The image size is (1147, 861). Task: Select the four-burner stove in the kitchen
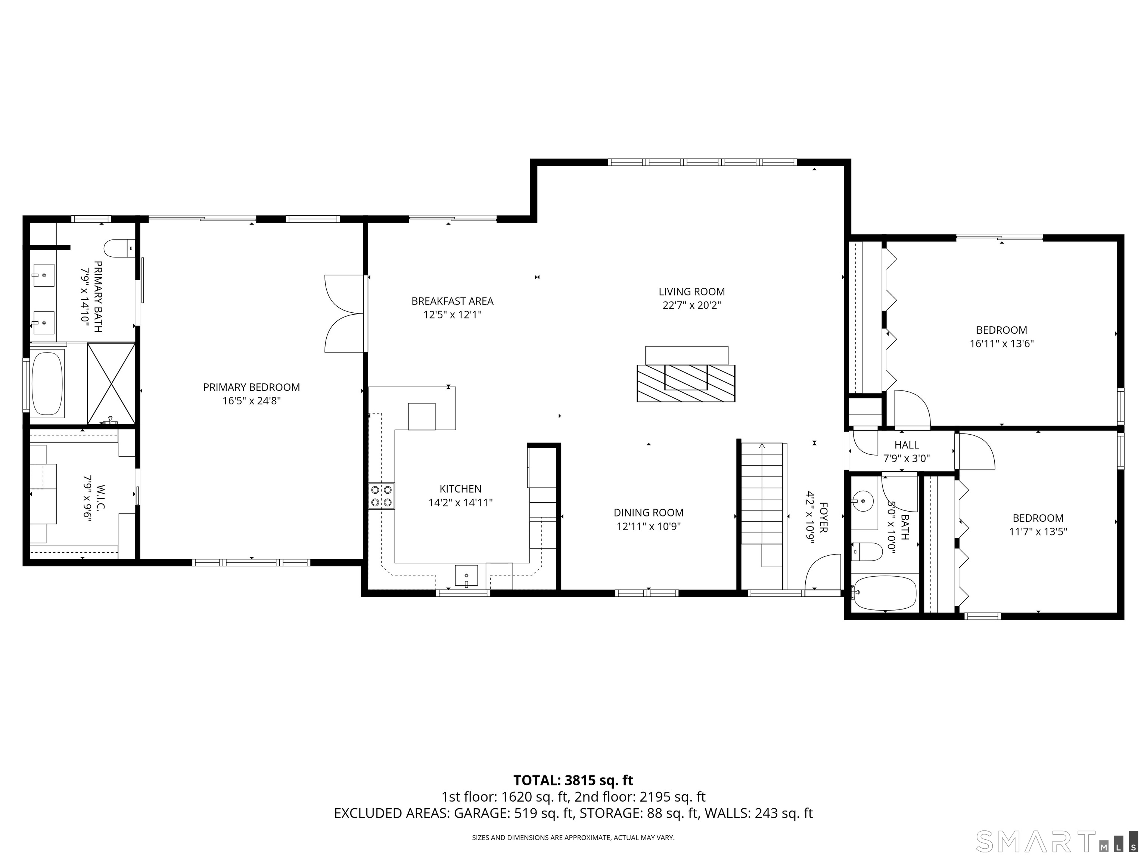382,496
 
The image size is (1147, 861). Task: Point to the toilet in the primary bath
119,248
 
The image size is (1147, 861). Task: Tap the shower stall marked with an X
111,383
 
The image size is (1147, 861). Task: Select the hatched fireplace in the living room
686,383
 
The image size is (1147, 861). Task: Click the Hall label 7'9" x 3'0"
907,451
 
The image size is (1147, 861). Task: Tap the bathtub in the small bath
885,593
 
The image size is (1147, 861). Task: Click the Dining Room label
648,513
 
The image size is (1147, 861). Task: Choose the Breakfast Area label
452,301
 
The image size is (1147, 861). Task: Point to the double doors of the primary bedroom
343,314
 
